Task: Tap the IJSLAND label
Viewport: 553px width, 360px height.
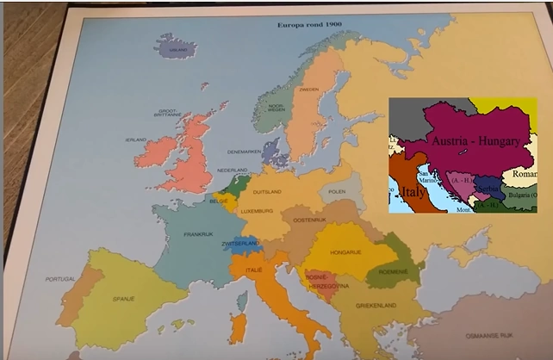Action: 179,50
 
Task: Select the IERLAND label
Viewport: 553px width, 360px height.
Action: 136,140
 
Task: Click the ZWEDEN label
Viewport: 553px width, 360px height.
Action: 308,90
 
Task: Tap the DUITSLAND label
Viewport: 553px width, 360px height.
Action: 267,192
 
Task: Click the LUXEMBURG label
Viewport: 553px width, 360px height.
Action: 257,211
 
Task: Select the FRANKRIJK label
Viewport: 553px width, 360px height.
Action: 198,233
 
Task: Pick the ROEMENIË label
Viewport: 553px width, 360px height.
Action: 393,270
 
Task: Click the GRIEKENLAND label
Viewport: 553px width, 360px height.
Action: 377,306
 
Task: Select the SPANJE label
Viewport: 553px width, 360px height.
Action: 123,298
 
